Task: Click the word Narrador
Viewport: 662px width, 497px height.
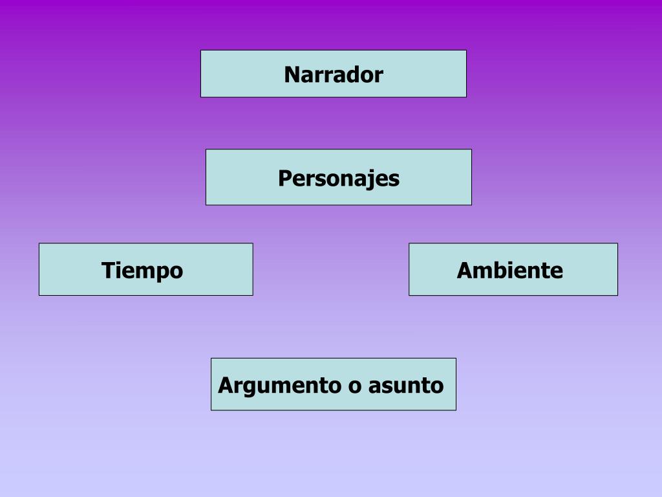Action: click(334, 75)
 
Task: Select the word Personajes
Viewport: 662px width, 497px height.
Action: click(339, 178)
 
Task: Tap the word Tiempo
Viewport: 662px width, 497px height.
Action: click(142, 271)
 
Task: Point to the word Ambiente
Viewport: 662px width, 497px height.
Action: click(510, 271)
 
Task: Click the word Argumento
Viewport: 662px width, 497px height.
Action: click(280, 386)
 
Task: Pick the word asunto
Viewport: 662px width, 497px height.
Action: click(406, 386)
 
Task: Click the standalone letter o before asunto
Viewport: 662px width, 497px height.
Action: click(354, 386)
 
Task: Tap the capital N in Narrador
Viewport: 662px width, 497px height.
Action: click(292, 75)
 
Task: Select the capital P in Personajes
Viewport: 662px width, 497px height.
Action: click(284, 178)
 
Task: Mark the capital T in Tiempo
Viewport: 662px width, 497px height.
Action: click(108, 271)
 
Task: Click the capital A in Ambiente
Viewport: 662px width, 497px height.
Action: click(465, 271)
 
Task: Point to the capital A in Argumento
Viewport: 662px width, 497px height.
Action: click(226, 386)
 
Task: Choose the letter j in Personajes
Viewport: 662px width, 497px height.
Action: click(370, 180)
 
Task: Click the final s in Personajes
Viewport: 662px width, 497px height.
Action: click(394, 179)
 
